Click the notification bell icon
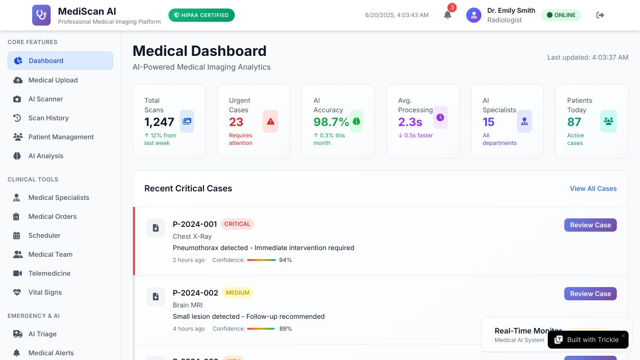pyautogui.click(x=447, y=15)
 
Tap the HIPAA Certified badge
pyautogui.click(x=202, y=15)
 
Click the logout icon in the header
pyautogui.click(x=600, y=15)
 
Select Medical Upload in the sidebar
pyautogui.click(x=53, y=80)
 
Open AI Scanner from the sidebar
pyautogui.click(x=45, y=99)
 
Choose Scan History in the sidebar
pyautogui.click(x=48, y=118)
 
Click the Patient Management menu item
pyautogui.click(x=61, y=137)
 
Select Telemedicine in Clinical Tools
pyautogui.click(x=49, y=273)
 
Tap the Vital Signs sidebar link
pyautogui.click(x=45, y=292)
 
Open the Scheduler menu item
pyautogui.click(x=44, y=235)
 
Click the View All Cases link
pyautogui.click(x=593, y=189)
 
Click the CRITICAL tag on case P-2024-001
pyautogui.click(x=237, y=224)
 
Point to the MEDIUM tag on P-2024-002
pyautogui.click(x=238, y=293)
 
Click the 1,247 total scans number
pyautogui.click(x=160, y=122)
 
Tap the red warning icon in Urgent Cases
pyautogui.click(x=270, y=121)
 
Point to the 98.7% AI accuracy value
pyautogui.click(x=331, y=122)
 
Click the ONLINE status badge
pyautogui.click(x=561, y=15)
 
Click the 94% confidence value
pyautogui.click(x=285, y=260)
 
